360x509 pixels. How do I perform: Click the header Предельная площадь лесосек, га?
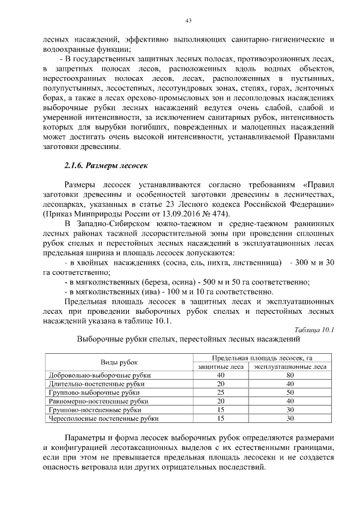coord(262,358)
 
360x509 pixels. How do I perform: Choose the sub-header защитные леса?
coord(220,367)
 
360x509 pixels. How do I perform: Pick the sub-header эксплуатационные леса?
coord(290,367)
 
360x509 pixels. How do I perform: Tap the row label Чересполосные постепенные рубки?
coord(104,418)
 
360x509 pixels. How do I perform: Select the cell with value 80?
coord(290,375)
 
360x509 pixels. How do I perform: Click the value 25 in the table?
coord(220,393)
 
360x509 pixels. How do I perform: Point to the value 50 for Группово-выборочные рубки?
coord(290,393)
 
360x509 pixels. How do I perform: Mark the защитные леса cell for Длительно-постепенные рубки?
coord(220,384)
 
